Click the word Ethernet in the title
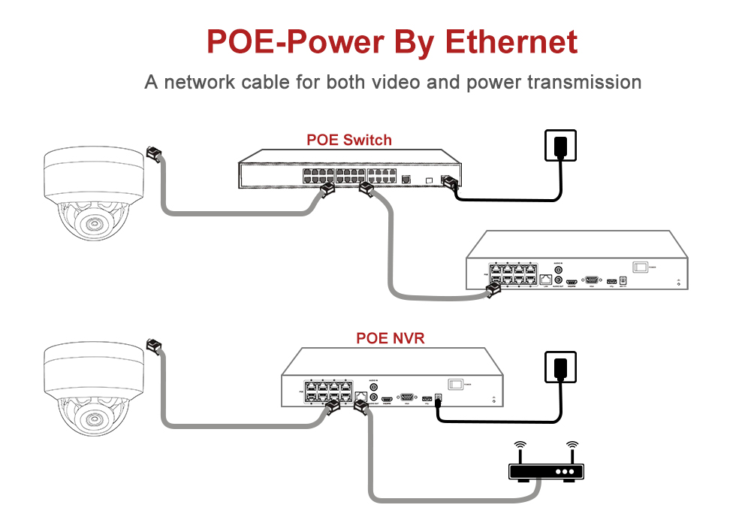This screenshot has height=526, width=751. (511, 42)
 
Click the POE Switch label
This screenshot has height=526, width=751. (348, 140)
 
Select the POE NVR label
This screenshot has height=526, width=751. (390, 338)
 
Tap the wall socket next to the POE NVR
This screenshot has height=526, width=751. (559, 368)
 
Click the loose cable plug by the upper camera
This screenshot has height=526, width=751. (154, 153)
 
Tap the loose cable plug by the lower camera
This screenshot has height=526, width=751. (154, 346)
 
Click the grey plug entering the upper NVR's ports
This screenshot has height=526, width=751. (493, 290)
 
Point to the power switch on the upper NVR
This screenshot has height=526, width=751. (639, 266)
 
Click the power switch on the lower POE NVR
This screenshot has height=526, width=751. (455, 382)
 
